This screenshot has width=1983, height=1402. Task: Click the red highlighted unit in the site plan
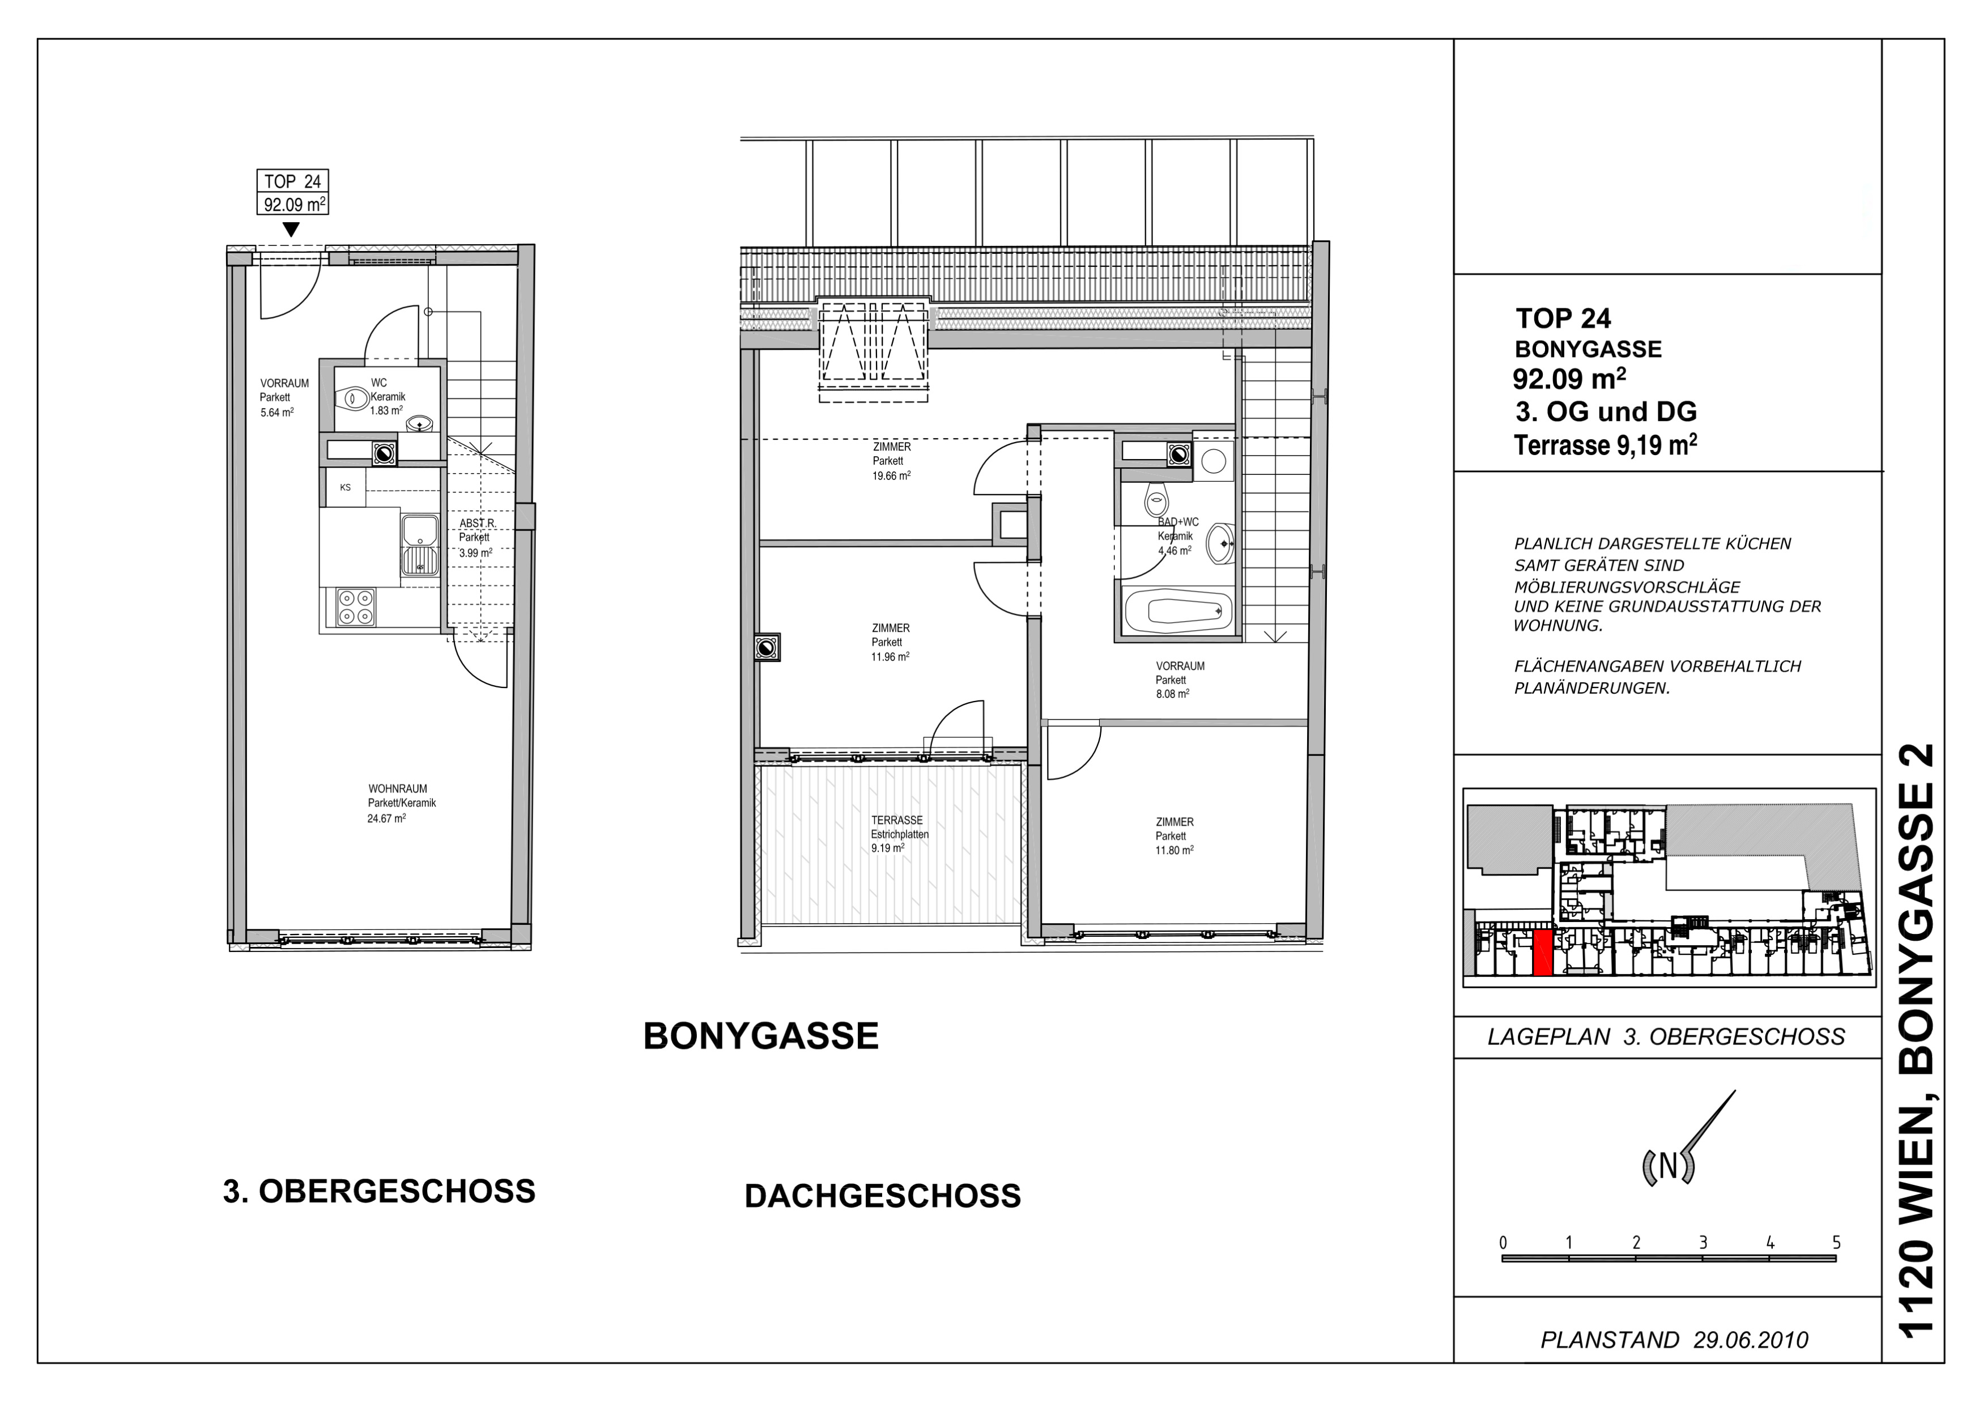1543,953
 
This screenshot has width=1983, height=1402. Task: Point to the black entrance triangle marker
291,230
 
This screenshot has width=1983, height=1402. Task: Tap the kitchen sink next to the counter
420,545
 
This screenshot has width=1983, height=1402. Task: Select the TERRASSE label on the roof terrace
896,820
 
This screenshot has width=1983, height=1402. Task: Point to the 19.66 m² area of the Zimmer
891,475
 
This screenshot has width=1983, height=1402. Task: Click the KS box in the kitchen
346,487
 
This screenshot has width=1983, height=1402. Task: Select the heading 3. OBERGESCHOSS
379,1191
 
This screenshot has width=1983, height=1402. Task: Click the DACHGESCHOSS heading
883,1196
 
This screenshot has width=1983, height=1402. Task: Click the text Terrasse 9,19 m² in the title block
1606,444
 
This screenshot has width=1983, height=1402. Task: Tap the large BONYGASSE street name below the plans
761,1036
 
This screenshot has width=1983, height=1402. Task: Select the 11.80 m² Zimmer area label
1175,850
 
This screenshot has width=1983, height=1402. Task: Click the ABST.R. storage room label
476,524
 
